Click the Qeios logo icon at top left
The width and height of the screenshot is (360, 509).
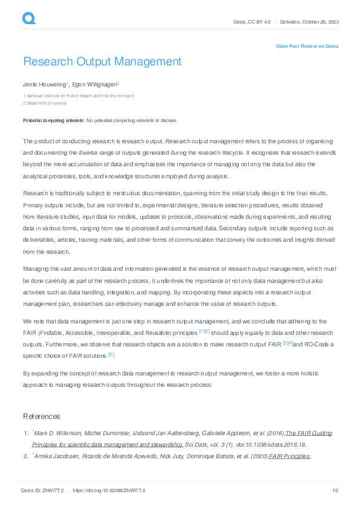[x=29, y=19]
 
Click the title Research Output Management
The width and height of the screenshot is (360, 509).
[x=102, y=62]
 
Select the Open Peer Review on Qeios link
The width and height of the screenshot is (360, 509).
[x=307, y=46]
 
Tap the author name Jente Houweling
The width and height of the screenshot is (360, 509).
[x=44, y=84]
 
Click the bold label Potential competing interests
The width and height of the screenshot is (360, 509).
[x=54, y=121]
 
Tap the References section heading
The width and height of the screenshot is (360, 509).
[x=42, y=417]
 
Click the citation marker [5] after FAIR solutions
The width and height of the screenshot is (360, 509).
[x=111, y=354]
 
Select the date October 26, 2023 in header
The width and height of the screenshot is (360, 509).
[x=320, y=22]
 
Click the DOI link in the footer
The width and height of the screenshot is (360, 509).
[x=110, y=490]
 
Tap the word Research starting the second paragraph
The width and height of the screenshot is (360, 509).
[x=35, y=193]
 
